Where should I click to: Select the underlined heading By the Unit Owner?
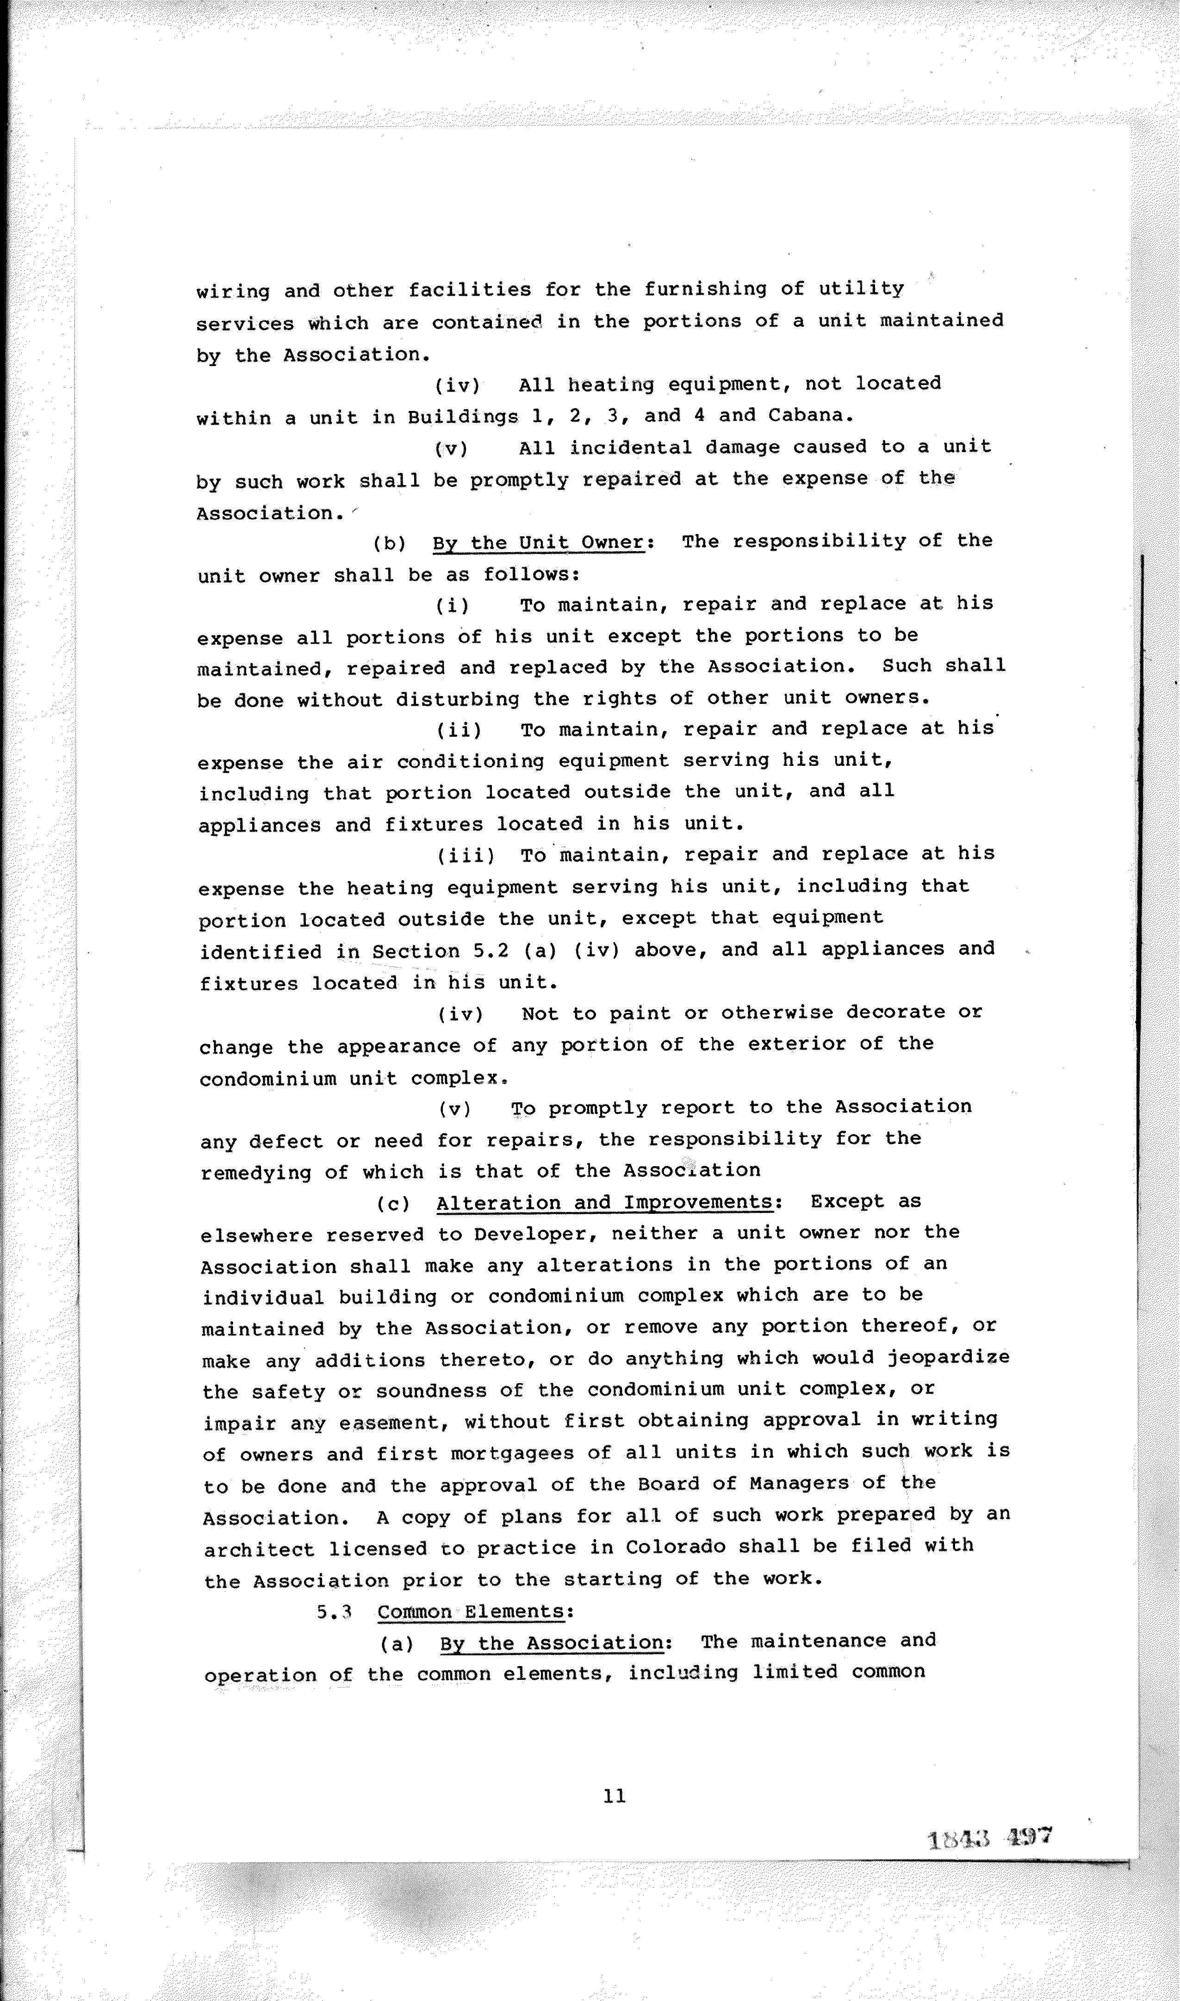[x=538, y=543]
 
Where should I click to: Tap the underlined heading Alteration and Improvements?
[x=604, y=1202]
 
